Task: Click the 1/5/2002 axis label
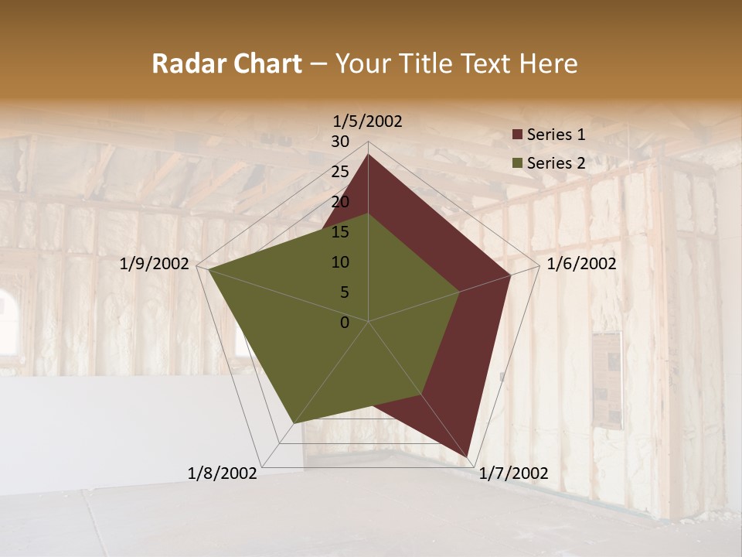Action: pyautogui.click(x=368, y=121)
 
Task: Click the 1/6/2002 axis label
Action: pyautogui.click(x=581, y=264)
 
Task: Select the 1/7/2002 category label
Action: pyautogui.click(x=514, y=473)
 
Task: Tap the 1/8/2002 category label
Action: pyautogui.click(x=223, y=473)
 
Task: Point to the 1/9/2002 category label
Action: pyautogui.click(x=155, y=264)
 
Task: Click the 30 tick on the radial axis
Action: pyautogui.click(x=340, y=142)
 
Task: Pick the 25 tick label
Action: pyautogui.click(x=340, y=172)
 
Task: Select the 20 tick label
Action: pyautogui.click(x=340, y=202)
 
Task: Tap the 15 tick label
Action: pyautogui.click(x=340, y=232)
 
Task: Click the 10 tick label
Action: pyautogui.click(x=340, y=262)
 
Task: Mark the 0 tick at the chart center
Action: pyautogui.click(x=345, y=323)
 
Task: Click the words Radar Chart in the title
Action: pyautogui.click(x=226, y=64)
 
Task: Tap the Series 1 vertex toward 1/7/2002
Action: pyautogui.click(x=468, y=456)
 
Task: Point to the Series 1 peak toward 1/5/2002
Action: pyautogui.click(x=368, y=155)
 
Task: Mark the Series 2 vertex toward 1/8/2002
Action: pyautogui.click(x=294, y=422)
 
